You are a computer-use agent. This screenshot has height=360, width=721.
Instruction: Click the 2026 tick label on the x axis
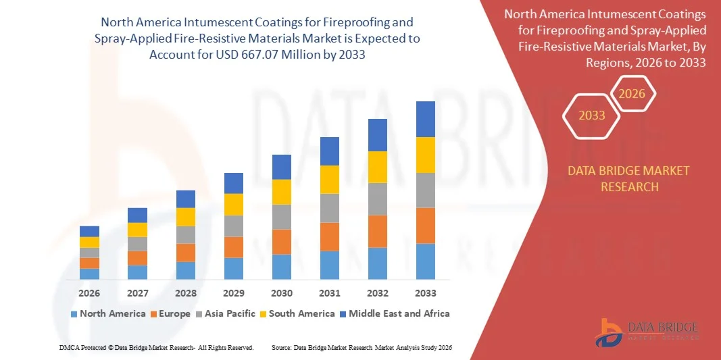click(x=89, y=293)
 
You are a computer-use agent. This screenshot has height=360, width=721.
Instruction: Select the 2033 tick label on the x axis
click(x=425, y=293)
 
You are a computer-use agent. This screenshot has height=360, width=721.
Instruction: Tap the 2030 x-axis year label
click(x=281, y=293)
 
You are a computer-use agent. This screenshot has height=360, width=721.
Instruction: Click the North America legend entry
click(x=108, y=313)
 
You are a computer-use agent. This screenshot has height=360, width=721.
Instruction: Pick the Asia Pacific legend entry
click(x=226, y=313)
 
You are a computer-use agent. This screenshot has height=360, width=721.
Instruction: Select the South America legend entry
click(x=297, y=313)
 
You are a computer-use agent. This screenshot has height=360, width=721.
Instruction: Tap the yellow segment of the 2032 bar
click(x=377, y=167)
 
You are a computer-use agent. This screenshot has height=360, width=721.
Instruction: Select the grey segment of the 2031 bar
click(x=329, y=208)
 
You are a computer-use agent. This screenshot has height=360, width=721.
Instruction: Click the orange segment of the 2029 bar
click(x=233, y=247)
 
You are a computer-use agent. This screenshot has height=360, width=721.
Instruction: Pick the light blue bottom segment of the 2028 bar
click(x=185, y=270)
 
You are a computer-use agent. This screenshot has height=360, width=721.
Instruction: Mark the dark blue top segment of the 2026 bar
click(x=89, y=231)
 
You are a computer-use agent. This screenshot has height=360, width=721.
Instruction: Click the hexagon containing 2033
click(x=592, y=115)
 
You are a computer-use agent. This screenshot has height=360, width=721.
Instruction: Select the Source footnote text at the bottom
click(x=361, y=347)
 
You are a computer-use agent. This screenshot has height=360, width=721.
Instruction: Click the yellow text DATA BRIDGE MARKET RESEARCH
click(x=629, y=178)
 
